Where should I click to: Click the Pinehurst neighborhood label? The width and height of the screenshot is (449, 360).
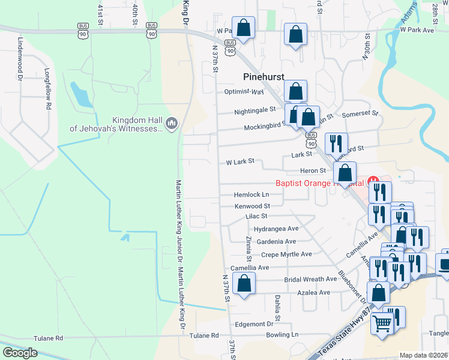pyautogui.click(x=263, y=77)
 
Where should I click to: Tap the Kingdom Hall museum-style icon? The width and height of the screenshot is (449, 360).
pyautogui.click(x=172, y=123)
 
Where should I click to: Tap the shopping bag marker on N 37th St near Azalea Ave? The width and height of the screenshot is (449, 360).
pyautogui.click(x=244, y=284)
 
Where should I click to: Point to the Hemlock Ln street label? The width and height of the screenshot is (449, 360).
pyautogui.click(x=252, y=195)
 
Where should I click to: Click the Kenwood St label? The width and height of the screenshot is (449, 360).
pyautogui.click(x=253, y=206)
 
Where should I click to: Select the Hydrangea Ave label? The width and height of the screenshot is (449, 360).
pyautogui.click(x=276, y=229)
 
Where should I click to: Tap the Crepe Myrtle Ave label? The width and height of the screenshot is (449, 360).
pyautogui.click(x=286, y=254)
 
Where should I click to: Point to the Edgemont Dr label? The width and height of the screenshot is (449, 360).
pyautogui.click(x=254, y=324)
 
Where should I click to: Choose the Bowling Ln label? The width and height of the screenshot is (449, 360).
pyautogui.click(x=282, y=334)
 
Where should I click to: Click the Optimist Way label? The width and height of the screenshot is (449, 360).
pyautogui.click(x=244, y=92)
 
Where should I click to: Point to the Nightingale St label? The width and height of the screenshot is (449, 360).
pyautogui.click(x=255, y=110)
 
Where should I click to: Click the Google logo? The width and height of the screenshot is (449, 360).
pyautogui.click(x=20, y=352)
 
